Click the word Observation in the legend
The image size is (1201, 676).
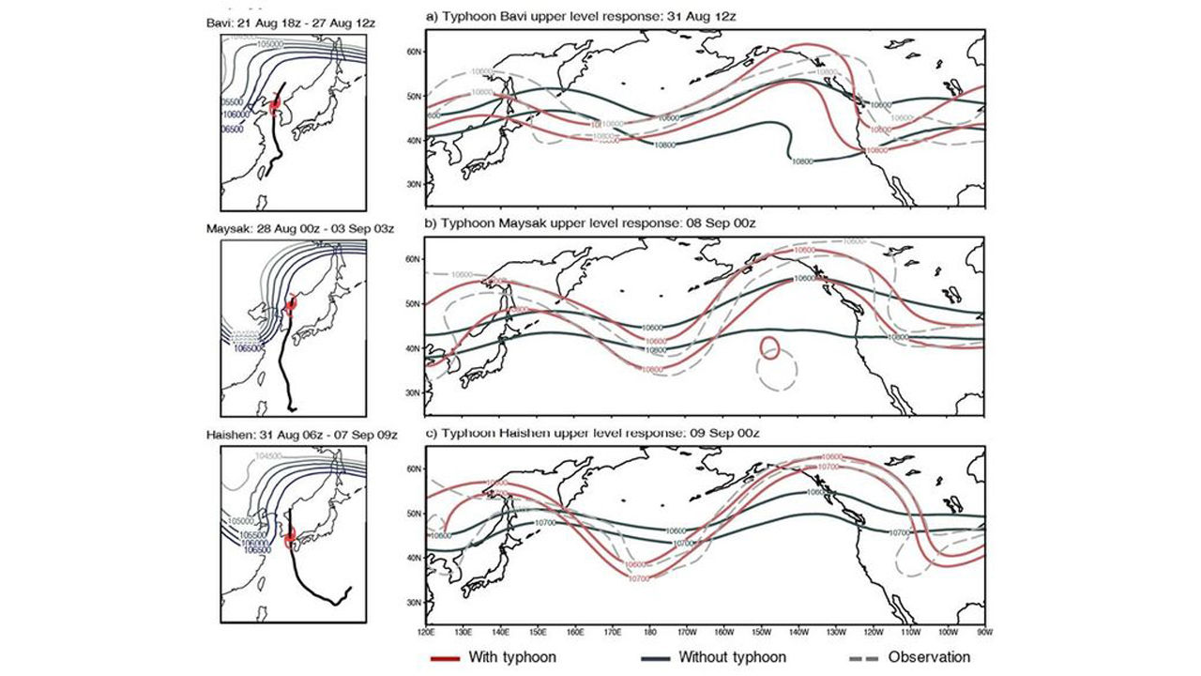(929, 657)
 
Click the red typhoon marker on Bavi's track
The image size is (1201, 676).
(275, 106)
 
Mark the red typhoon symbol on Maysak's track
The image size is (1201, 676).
(290, 303)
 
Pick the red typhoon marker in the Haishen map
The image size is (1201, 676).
(291, 536)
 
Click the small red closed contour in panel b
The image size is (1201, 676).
(768, 347)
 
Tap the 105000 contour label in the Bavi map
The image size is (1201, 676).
(270, 44)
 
